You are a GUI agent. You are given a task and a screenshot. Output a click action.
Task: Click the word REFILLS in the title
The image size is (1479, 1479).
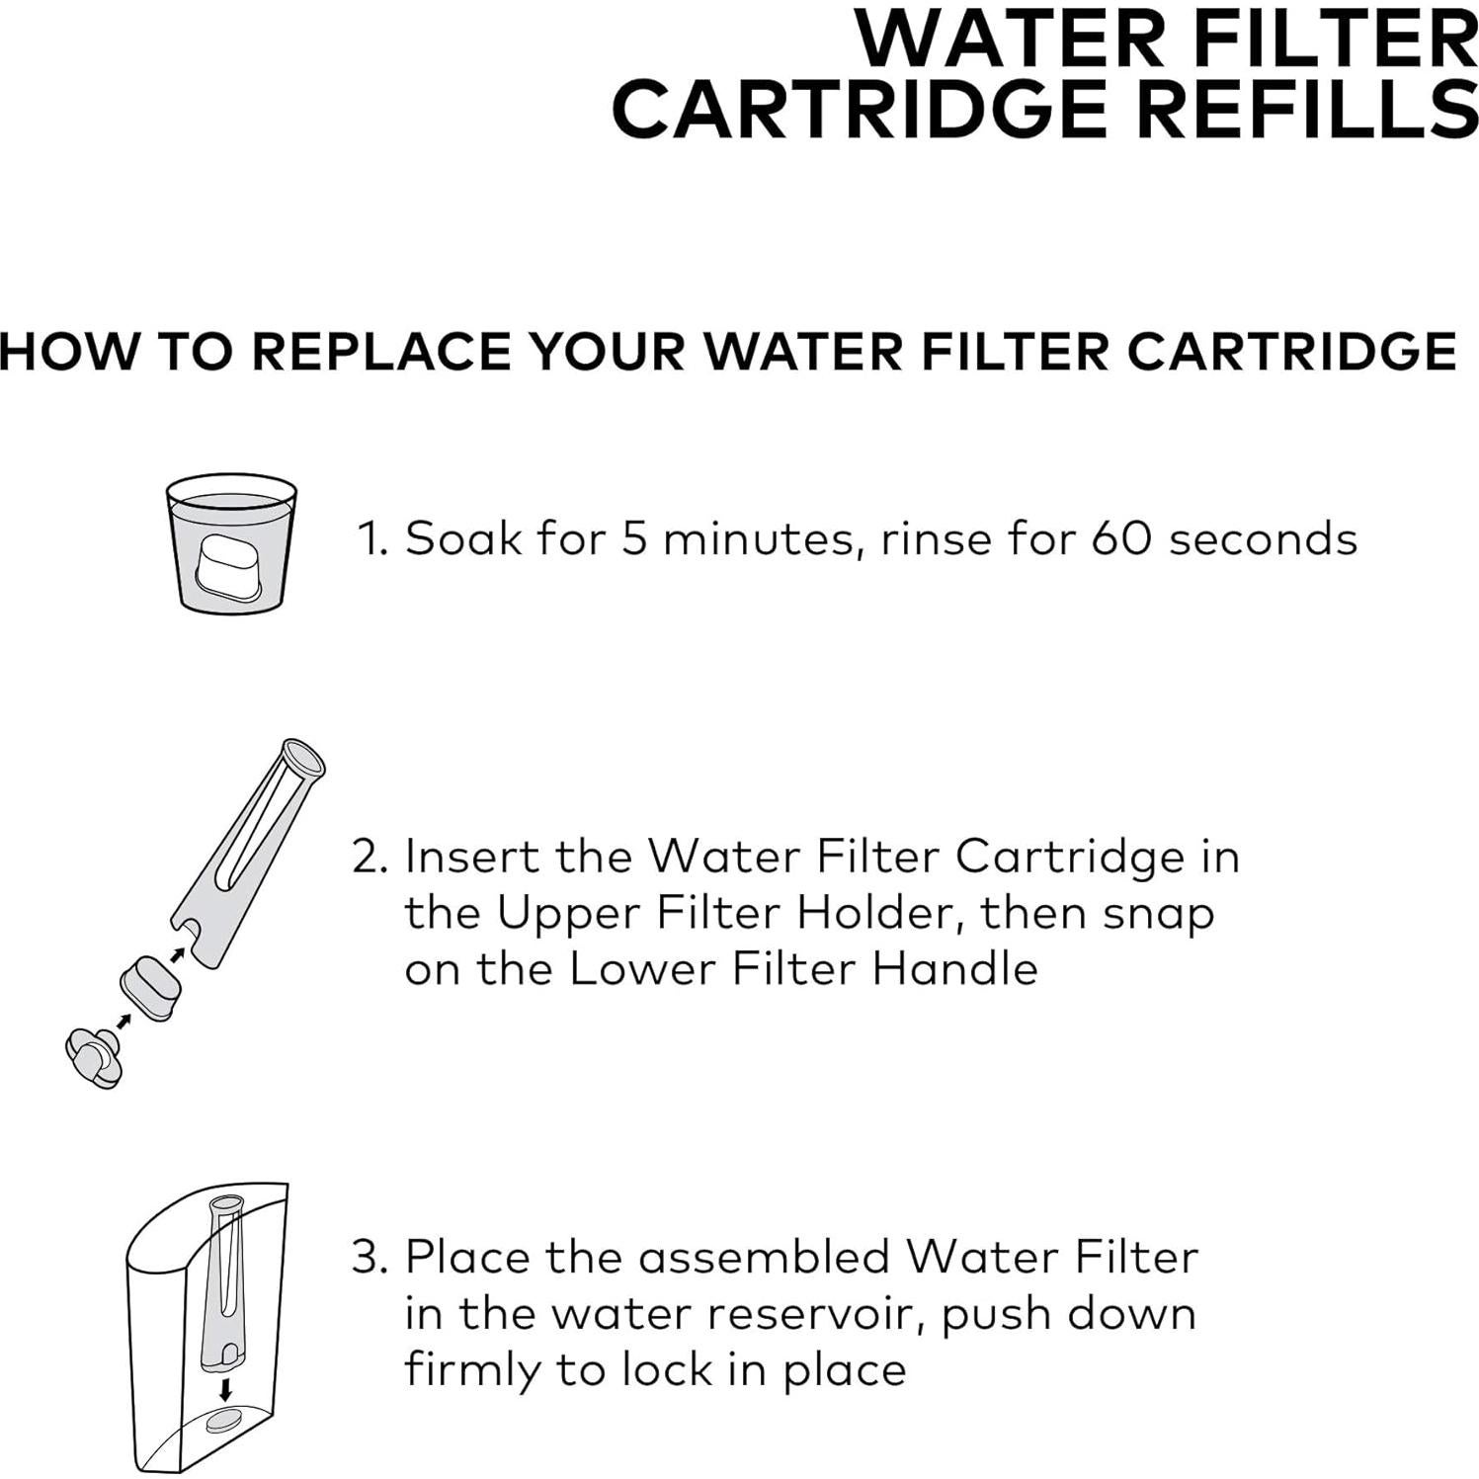1306,109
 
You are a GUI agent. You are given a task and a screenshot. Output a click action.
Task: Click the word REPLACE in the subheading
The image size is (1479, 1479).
381,352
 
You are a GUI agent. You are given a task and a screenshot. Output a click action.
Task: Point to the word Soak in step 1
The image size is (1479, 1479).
462,539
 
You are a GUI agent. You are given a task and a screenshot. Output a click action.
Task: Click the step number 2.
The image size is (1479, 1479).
369,857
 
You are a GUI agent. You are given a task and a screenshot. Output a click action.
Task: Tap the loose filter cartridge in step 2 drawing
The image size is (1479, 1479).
150,987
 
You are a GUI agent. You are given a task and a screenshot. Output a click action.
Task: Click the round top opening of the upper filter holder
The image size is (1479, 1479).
303,758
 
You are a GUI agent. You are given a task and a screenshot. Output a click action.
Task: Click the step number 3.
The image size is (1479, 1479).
369,1258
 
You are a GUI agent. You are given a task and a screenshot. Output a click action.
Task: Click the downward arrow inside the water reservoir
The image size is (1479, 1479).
226,1390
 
